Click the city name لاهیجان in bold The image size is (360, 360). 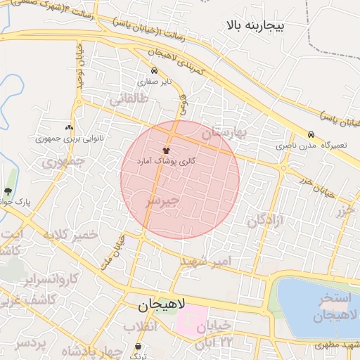click(162, 305)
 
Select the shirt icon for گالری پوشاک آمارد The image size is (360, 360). click(167, 150)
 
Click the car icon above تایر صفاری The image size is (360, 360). click(154, 70)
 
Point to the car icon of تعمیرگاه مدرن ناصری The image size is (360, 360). click(310, 135)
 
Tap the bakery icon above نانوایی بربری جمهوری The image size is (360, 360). click(69, 128)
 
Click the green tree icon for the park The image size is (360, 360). click(8, 191)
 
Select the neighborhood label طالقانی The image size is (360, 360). click(127, 101)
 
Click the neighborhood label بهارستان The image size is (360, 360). click(226, 133)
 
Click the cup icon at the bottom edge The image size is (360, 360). click(139, 347)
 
